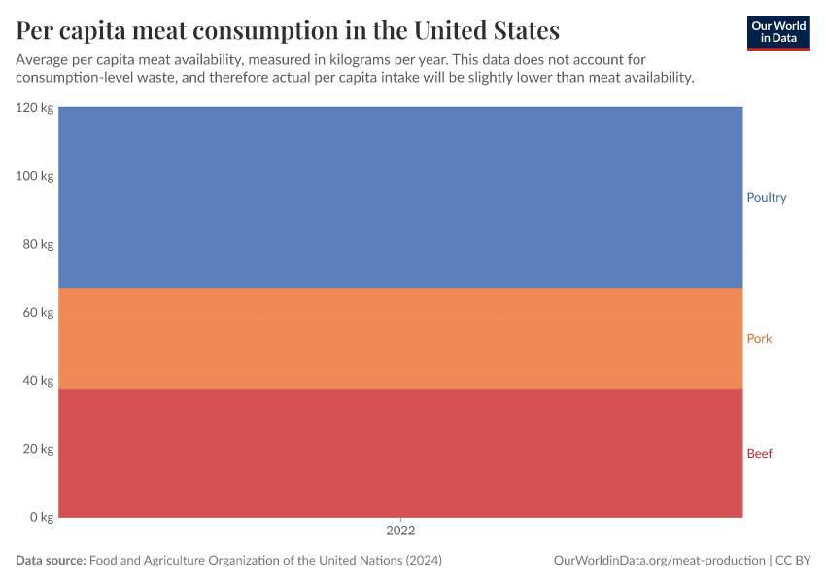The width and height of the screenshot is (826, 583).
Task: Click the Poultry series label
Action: (766, 198)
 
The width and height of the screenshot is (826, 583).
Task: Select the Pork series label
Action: (759, 339)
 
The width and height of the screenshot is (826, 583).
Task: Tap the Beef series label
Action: (759, 454)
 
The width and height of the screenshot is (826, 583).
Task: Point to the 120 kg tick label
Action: (35, 108)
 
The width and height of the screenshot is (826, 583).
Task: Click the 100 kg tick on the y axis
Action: (35, 176)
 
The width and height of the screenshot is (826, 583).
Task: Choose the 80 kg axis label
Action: (38, 244)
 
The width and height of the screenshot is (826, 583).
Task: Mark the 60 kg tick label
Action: (38, 313)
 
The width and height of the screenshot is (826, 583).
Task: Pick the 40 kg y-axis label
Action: (38, 381)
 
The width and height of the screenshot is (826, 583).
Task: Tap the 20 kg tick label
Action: (38, 449)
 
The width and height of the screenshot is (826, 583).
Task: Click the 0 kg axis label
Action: (42, 517)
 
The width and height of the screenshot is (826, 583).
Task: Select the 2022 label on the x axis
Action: (400, 532)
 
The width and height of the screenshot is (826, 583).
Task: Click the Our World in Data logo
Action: (778, 32)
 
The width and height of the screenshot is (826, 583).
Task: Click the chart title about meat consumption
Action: (288, 30)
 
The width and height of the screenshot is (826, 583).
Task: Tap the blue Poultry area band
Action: (400, 197)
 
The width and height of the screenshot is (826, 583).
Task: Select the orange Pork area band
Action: (400, 338)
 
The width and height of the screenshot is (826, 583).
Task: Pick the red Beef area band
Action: (400, 453)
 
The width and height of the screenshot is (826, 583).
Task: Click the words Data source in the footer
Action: (51, 561)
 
